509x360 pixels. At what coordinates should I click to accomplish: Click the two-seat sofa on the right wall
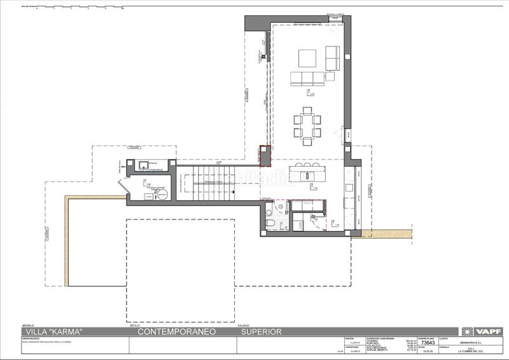point(331,57)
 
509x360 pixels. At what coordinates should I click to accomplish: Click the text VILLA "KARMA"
point(48,331)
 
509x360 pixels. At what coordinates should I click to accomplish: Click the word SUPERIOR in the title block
point(260,331)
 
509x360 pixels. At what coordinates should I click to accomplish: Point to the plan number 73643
point(428,343)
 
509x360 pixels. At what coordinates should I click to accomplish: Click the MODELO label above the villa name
point(29,325)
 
